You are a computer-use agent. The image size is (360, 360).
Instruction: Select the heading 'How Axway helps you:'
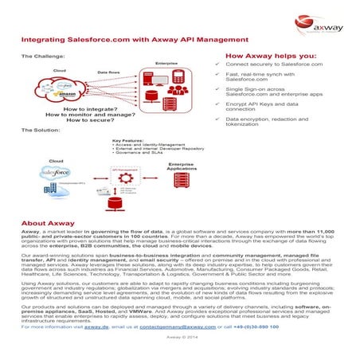click(x=265, y=57)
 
